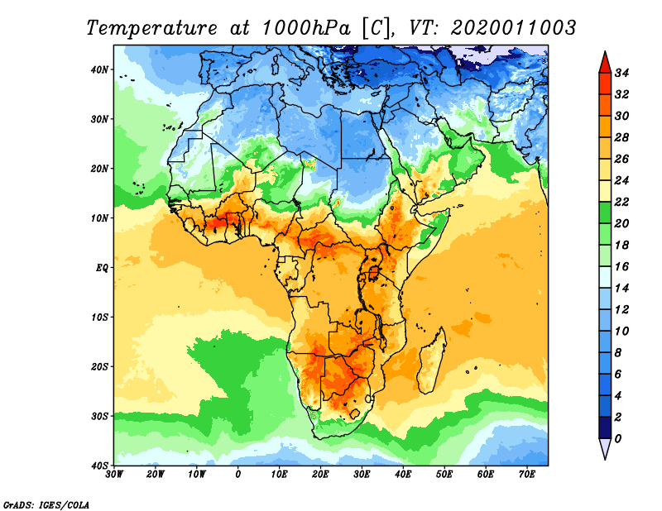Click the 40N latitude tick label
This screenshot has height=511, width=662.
point(101,69)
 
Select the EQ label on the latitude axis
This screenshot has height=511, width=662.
point(102,267)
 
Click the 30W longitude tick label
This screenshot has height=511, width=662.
point(115,475)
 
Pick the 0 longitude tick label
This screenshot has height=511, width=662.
point(238,475)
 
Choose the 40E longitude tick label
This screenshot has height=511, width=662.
point(403,475)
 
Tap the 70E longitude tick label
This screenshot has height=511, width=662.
point(527,475)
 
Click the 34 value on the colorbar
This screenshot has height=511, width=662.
point(624,72)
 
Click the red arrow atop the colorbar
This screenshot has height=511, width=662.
point(604,61)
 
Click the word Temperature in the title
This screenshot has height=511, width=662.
point(148,27)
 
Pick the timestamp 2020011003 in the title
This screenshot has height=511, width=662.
point(513,27)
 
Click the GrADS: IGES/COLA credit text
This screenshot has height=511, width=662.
point(46,504)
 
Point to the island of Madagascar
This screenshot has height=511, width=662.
point(430,360)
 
